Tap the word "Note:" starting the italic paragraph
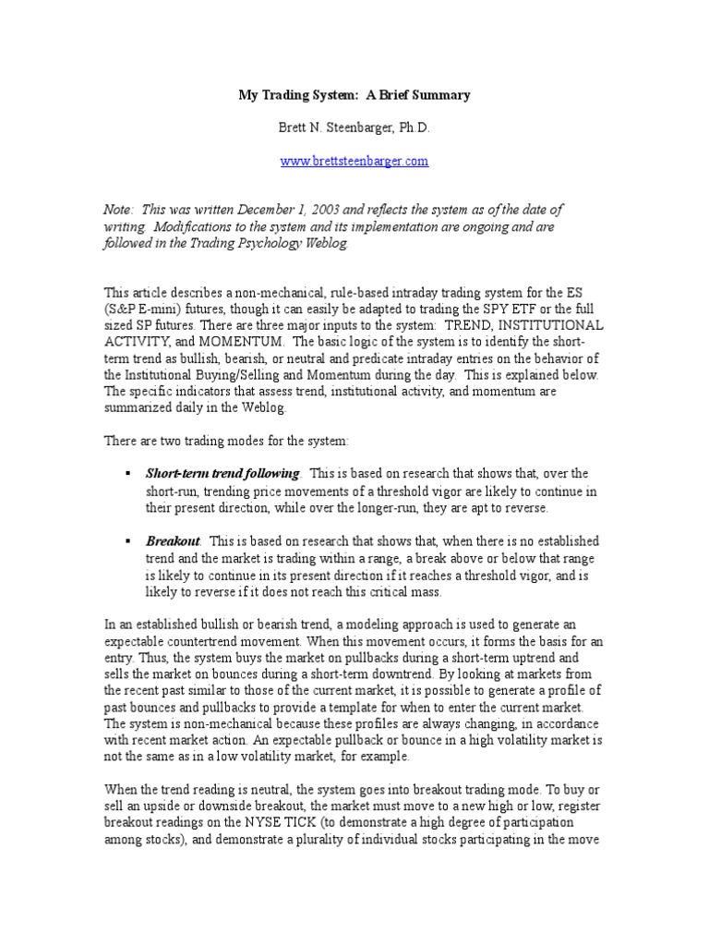[118, 211]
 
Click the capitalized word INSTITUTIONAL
[545, 326]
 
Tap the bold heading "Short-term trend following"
[222, 474]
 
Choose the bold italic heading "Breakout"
[174, 540]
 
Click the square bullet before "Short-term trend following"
[128, 474]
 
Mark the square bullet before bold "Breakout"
[128, 540]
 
